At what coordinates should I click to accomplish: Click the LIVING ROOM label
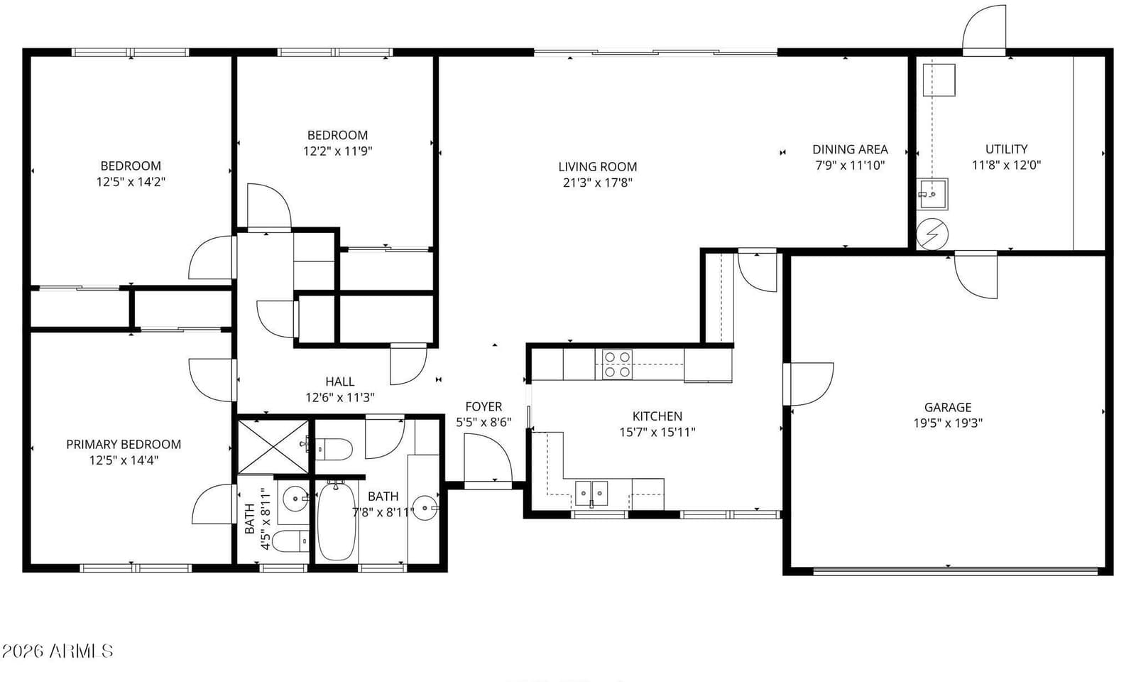point(597,166)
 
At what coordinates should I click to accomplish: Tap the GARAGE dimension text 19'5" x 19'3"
point(948,423)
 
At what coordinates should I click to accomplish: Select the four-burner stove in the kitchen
point(617,364)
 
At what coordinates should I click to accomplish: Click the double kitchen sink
point(591,493)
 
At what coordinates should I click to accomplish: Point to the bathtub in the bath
point(336,521)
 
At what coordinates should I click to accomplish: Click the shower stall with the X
point(273,447)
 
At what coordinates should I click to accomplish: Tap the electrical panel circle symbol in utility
point(932,234)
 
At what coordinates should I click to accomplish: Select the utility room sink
point(932,194)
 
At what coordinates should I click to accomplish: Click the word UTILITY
point(1006,149)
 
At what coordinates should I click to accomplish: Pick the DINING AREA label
point(850,150)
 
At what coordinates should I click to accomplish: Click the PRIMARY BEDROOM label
point(124,445)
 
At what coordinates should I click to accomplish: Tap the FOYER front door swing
point(488,458)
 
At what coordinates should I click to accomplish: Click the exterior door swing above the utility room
point(984,28)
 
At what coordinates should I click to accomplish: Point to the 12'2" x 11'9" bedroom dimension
point(338,151)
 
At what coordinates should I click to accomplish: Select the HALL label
point(340,381)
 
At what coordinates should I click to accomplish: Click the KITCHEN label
point(657,416)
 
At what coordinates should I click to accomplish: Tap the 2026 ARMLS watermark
point(58,651)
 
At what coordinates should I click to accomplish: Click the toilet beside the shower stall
point(333,449)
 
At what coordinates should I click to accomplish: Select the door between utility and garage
point(976,275)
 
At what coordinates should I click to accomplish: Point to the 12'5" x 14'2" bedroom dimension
point(131,182)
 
